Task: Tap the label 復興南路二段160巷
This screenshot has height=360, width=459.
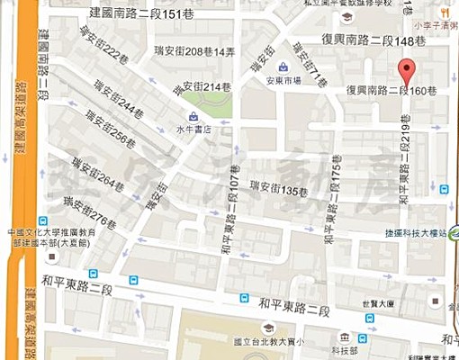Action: (391, 91)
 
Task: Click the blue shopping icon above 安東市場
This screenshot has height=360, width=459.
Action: (283, 66)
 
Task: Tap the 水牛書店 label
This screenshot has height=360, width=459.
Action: (193, 129)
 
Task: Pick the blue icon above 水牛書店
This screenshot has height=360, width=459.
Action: (193, 115)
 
